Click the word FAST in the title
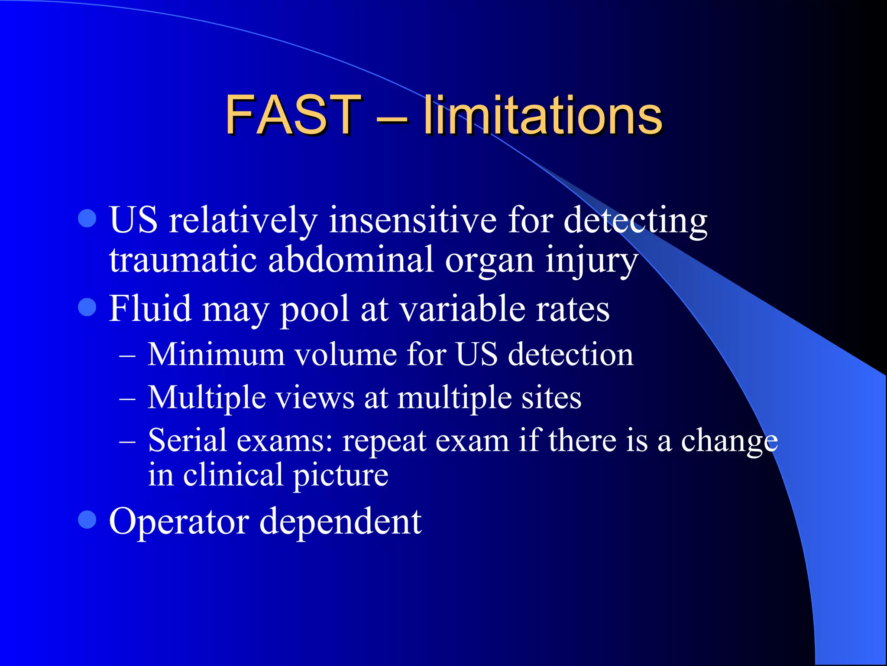[293, 115]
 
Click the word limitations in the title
[542, 115]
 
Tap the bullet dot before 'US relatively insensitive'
[87, 218]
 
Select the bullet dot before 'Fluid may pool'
[87, 307]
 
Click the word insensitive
[412, 220]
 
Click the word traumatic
[183, 260]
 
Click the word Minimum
[216, 354]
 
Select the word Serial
[187, 441]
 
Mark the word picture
[341, 475]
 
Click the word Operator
[179, 522]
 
